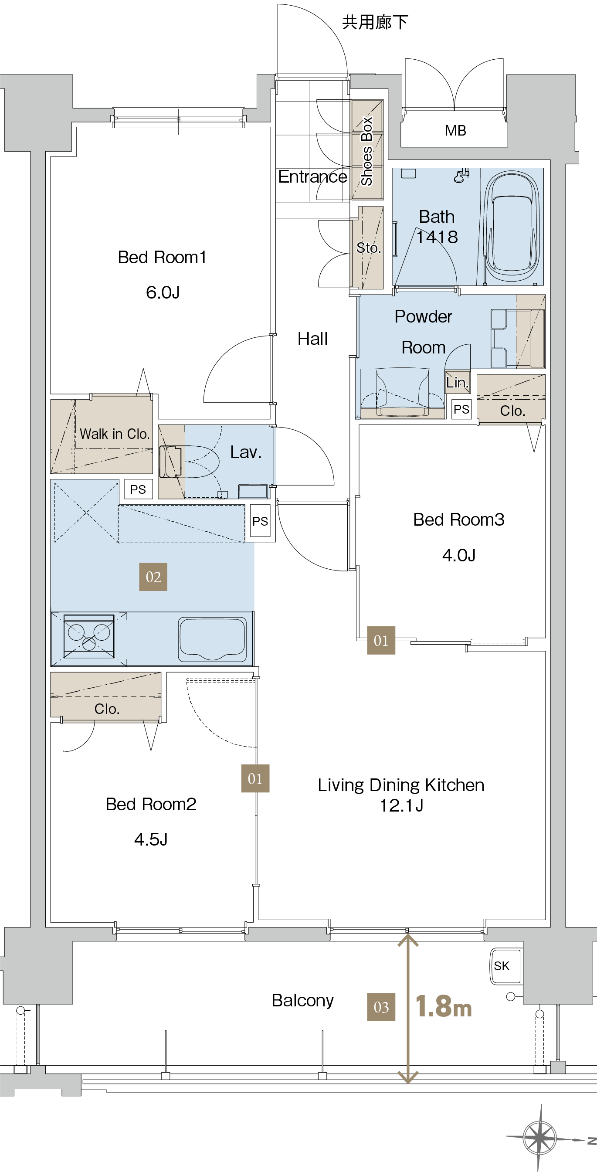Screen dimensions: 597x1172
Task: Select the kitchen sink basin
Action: tap(212, 639)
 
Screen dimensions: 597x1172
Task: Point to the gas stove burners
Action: tap(89, 636)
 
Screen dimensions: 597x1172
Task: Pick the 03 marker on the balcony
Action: tap(381, 1007)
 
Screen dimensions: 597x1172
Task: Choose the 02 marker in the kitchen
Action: tap(153, 577)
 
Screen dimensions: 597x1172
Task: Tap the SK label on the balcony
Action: tap(502, 965)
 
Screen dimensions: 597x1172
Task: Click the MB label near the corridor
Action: tap(455, 131)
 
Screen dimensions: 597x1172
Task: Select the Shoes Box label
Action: tap(367, 151)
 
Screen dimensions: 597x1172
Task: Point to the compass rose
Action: tap(540, 1137)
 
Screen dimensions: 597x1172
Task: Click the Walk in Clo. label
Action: tap(115, 434)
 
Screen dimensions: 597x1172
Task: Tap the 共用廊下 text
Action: tap(375, 22)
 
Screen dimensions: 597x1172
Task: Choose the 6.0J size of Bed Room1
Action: tap(163, 292)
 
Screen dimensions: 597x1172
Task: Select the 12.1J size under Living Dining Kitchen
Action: tap(401, 805)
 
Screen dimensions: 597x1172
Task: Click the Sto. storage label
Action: tap(369, 248)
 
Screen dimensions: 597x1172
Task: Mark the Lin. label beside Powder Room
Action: tap(457, 382)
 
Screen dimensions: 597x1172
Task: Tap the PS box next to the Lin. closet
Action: tap(461, 409)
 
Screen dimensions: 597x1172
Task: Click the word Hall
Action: tap(312, 339)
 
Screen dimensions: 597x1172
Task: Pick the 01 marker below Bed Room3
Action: tap(381, 641)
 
